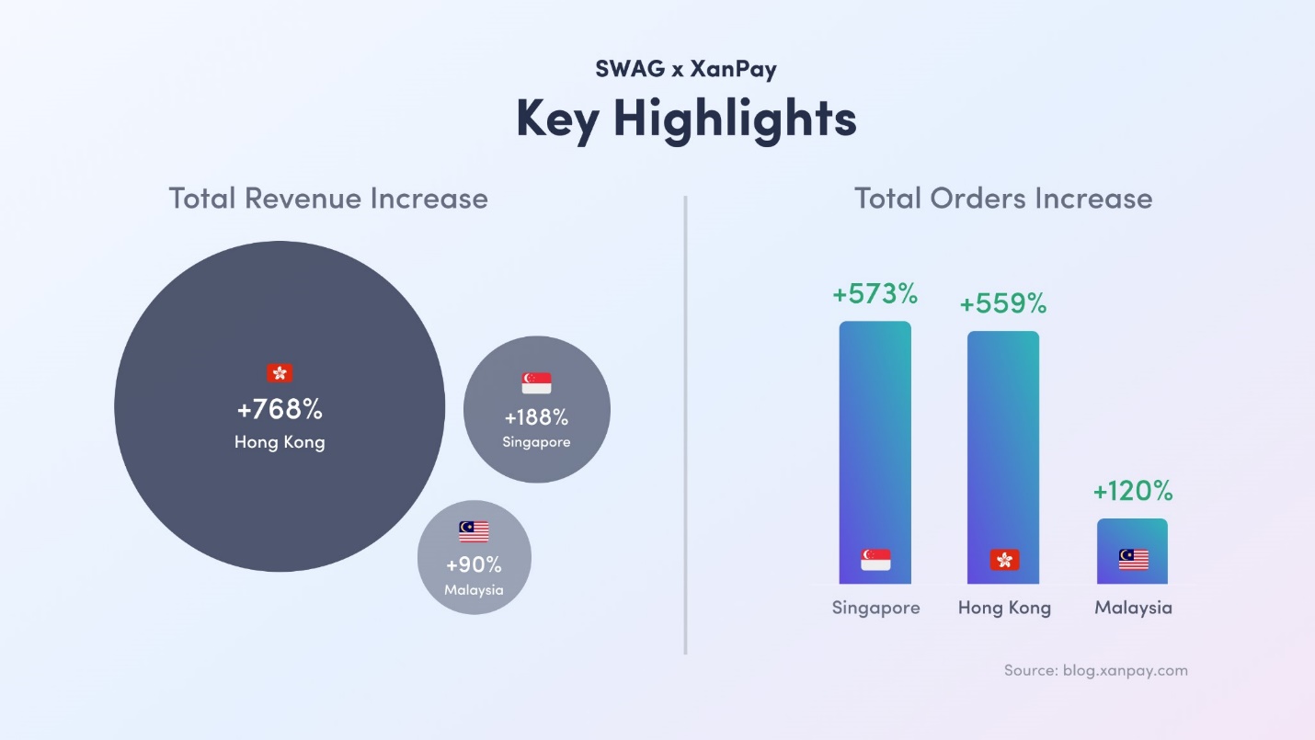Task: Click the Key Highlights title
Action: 686,119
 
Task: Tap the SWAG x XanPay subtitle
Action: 686,69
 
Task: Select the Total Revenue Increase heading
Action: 328,199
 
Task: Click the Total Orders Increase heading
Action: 1003,199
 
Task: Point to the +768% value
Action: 280,409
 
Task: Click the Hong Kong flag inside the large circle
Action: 280,372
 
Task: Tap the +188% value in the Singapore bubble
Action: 536,417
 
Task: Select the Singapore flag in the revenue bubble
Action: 536,382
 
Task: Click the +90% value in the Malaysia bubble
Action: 474,564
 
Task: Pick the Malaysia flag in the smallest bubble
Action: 474,531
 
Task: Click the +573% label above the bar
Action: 875,294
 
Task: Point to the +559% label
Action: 1003,304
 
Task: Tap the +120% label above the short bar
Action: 1132,492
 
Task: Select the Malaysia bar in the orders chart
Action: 1132,551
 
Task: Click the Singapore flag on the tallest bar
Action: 875,559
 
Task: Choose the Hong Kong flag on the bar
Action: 1004,559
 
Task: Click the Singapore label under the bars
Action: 875,608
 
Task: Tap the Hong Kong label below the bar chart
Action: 1004,608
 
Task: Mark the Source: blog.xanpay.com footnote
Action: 1095,670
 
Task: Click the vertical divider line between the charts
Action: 686,423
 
